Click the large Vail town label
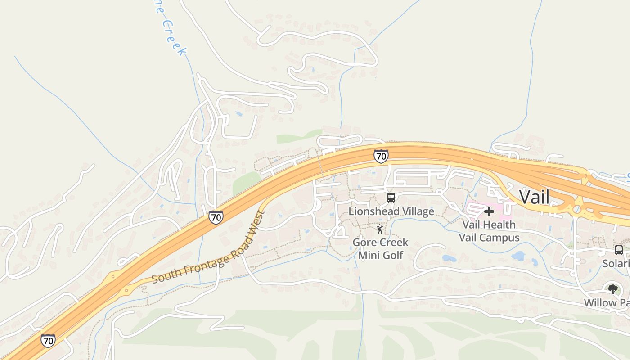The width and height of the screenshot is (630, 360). tap(534, 197)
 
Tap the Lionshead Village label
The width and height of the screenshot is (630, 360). tap(391, 211)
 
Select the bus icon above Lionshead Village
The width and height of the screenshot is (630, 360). tap(391, 198)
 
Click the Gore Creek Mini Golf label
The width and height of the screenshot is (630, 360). tap(380, 249)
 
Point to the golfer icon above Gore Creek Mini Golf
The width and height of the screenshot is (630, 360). tap(380, 229)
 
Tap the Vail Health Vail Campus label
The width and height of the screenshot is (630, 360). tap(489, 231)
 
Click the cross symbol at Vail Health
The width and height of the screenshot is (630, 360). tap(489, 211)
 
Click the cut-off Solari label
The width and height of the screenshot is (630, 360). tap(616, 263)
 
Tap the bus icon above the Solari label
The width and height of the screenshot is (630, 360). tap(619, 250)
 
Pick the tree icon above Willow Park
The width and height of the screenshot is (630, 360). tap(612, 289)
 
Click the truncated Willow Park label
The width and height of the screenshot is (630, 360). tap(607, 302)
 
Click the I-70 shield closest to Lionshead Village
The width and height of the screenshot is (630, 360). tap(381, 156)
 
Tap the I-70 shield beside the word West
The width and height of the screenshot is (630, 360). tap(216, 217)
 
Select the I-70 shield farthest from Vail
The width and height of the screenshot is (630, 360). tap(48, 340)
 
